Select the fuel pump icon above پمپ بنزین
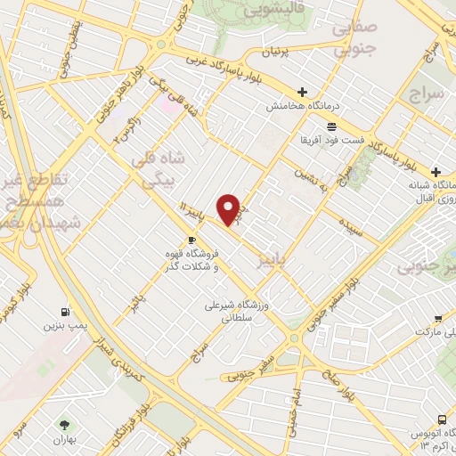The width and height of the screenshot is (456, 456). click(x=65, y=312)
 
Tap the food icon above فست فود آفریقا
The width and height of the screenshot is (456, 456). click(x=331, y=126)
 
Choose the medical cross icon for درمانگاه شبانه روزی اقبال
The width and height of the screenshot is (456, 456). click(x=436, y=171)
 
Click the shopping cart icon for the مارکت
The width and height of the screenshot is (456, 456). click(x=438, y=319)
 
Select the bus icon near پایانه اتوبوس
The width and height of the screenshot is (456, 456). click(x=443, y=419)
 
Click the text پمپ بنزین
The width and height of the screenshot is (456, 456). click(x=65, y=326)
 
